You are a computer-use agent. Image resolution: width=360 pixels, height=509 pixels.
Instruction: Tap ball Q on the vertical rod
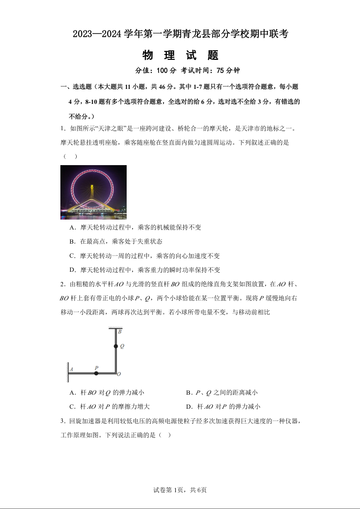pyautogui.click(x=116, y=346)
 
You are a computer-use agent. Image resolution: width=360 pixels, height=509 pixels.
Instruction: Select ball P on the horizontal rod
pyautogui.click(x=96, y=373)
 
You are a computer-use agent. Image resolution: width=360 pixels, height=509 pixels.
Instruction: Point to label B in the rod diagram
pyautogui.click(x=119, y=332)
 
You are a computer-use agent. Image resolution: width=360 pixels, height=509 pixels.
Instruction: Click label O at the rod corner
pyautogui.click(x=119, y=374)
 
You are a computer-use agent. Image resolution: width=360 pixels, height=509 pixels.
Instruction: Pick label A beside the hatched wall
pyautogui.click(x=71, y=369)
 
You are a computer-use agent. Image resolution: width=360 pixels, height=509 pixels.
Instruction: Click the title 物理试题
pyautogui.click(x=180, y=55)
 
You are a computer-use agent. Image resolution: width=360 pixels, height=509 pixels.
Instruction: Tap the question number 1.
pyautogui.click(x=62, y=129)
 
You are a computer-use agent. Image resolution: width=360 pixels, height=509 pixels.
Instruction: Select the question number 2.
pyautogui.click(x=62, y=284)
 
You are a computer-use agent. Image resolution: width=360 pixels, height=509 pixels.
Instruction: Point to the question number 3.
pyautogui.click(x=62, y=421)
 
